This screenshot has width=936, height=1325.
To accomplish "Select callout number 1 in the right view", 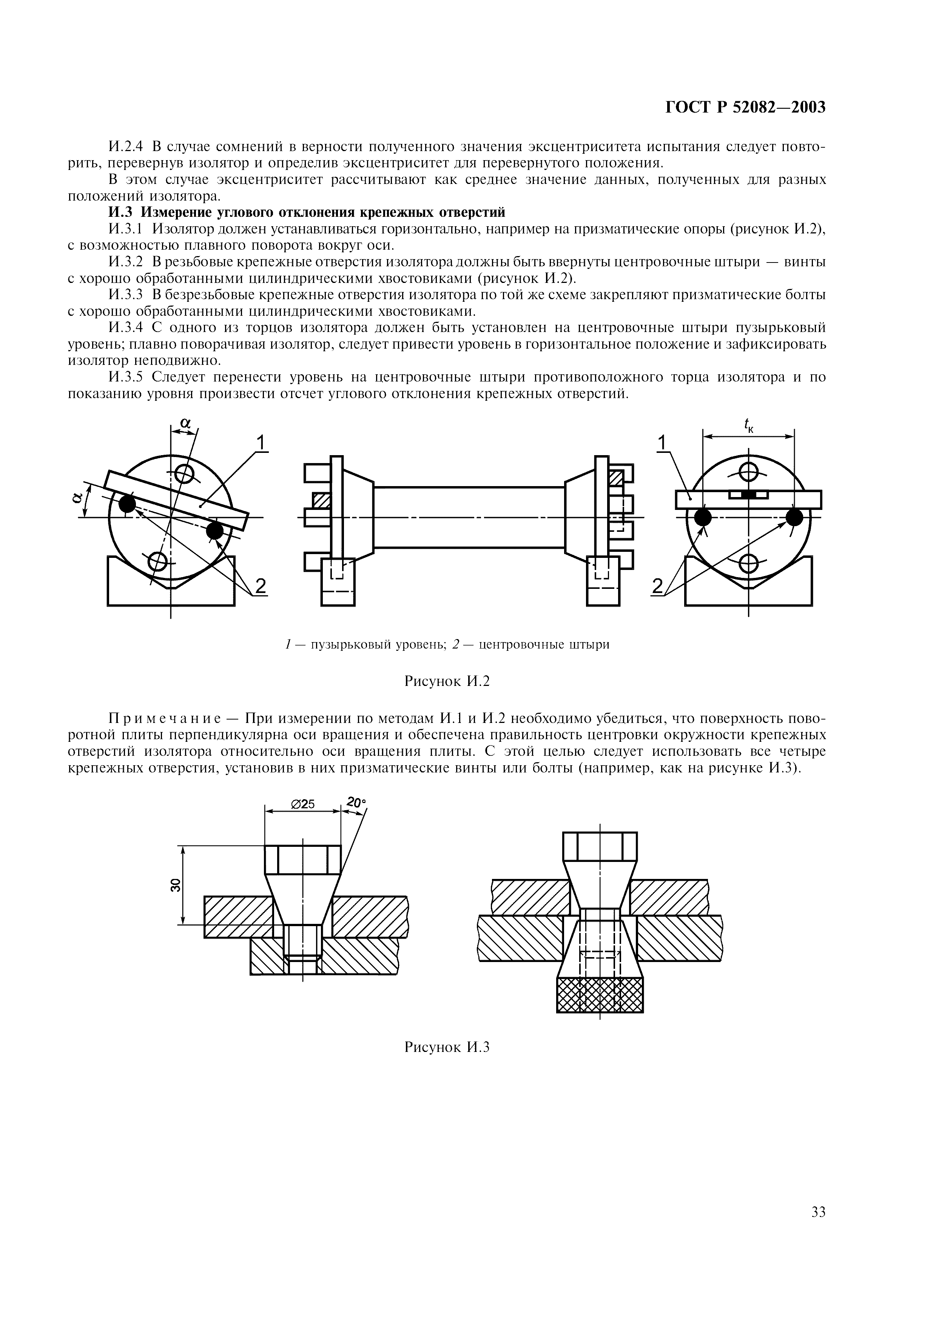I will (x=662, y=443).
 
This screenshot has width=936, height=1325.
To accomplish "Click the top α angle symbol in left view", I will (x=185, y=423).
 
